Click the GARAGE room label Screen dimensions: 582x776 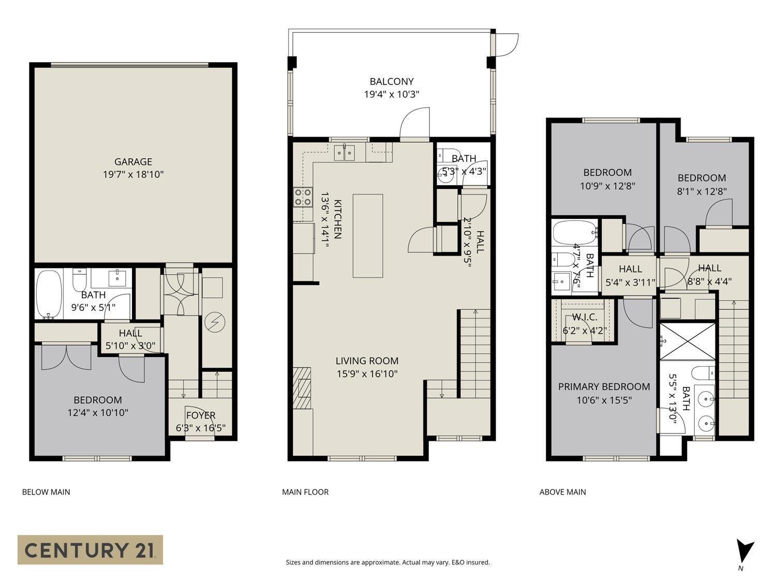[x=133, y=161]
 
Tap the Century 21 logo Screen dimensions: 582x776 [x=90, y=549]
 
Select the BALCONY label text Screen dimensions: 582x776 [x=391, y=81]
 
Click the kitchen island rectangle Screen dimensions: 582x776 [x=368, y=236]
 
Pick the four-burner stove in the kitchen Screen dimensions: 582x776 [x=303, y=197]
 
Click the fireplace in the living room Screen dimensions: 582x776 [x=302, y=387]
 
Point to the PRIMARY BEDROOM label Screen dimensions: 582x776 [x=604, y=386]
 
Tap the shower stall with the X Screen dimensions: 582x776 [x=688, y=341]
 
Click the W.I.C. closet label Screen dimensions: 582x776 [x=585, y=317]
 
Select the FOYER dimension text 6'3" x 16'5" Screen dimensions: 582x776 [x=201, y=428]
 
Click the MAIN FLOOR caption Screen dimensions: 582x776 [x=305, y=492]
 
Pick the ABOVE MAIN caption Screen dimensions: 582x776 [x=562, y=492]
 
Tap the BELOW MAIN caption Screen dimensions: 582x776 [x=46, y=492]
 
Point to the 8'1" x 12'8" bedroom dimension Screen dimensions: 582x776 [x=702, y=191]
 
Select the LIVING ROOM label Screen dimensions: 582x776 [x=367, y=361]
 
